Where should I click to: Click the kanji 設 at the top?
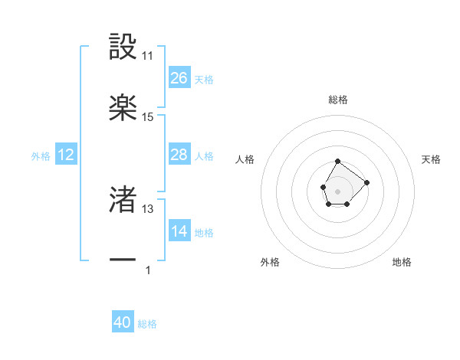123,47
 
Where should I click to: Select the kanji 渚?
123,200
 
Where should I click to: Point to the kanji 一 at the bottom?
123,261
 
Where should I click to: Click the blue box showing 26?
179,78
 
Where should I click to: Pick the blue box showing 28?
179,155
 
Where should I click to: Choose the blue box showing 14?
179,231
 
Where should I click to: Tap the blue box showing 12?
66,155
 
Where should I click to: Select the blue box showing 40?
123,323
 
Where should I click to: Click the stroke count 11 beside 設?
148,56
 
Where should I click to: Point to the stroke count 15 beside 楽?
148,117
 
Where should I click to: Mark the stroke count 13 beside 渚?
148,209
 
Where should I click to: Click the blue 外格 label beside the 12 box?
41,156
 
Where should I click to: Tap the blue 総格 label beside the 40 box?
147,324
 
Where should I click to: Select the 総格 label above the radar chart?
338,100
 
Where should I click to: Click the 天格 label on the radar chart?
432,159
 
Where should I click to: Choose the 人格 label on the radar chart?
245,159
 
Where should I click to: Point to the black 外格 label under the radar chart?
270,263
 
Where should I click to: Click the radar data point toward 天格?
366,182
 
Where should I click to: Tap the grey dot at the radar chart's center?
337,190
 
